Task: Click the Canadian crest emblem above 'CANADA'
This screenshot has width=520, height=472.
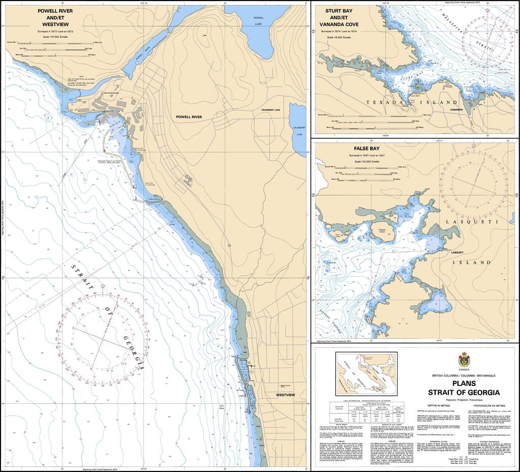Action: [x=463, y=359]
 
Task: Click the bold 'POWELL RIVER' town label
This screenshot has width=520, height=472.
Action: [x=189, y=116]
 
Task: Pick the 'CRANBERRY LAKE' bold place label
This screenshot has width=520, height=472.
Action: [x=274, y=110]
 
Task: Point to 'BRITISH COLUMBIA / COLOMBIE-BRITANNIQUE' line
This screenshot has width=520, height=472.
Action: [x=463, y=375]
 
